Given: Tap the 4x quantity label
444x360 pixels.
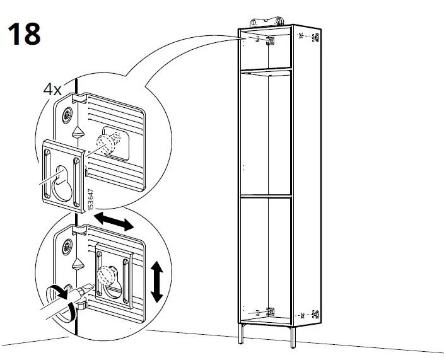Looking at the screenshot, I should [52, 90].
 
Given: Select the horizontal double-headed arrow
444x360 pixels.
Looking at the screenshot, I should [114, 223].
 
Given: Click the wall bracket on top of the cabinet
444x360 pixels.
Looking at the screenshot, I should [264, 20].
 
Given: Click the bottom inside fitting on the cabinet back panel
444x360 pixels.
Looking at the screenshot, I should [271, 311].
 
